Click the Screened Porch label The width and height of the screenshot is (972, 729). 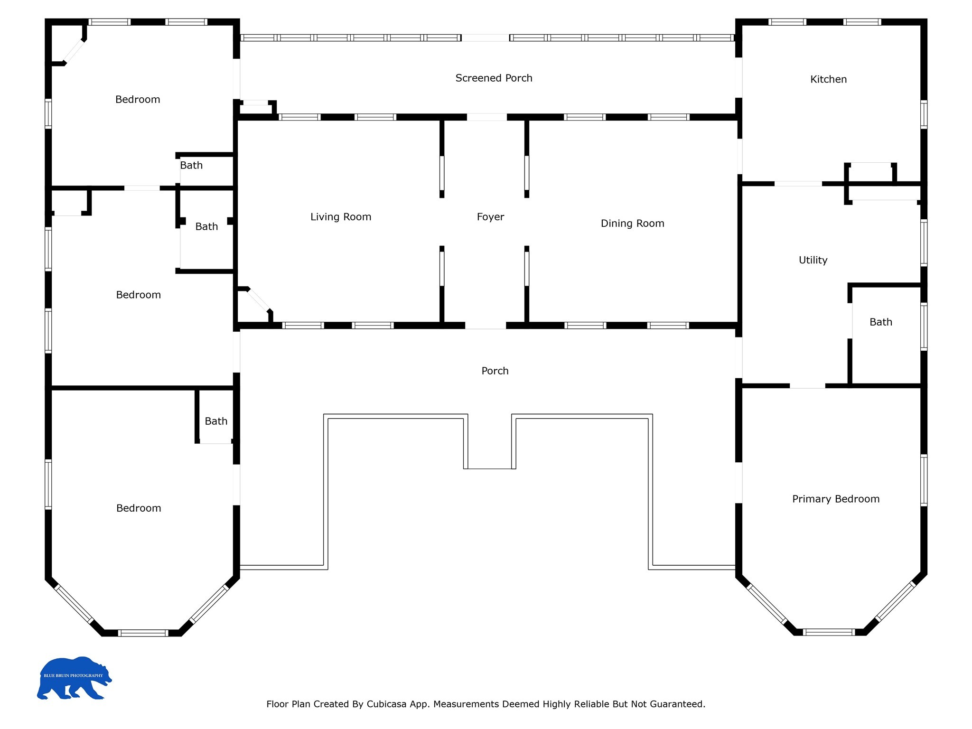pos(494,78)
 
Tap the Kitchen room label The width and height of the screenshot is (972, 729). pos(828,79)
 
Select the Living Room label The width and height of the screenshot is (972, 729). pos(341,217)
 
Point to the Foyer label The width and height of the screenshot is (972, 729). pos(490,217)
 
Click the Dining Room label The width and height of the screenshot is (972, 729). pos(632,224)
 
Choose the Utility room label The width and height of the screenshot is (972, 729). pos(813,260)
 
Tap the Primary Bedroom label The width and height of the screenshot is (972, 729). pos(836,499)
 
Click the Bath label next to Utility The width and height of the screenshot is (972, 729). pos(881,322)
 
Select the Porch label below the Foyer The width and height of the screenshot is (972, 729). pos(495,371)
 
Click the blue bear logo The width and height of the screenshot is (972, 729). pos(74,678)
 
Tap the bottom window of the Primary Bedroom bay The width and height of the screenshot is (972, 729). pos(829,632)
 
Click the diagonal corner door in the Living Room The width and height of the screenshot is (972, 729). pos(259,300)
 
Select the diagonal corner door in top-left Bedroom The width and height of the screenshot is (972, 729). pos(74,51)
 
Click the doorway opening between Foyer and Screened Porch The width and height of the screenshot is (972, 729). pos(487,117)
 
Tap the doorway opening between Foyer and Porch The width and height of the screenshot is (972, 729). pos(486,326)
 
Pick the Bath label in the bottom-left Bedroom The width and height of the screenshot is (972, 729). pos(216,421)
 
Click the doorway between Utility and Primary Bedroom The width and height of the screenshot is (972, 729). pos(807,386)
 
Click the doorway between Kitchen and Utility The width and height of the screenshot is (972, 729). pos(798,184)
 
